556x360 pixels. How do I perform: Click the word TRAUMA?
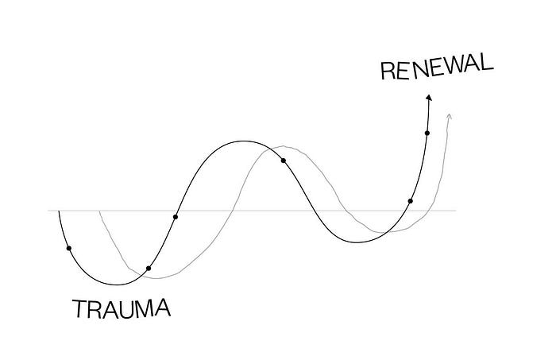click(x=121, y=308)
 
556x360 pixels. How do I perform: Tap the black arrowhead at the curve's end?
click(x=429, y=98)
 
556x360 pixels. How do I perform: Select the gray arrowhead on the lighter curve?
click(x=450, y=117)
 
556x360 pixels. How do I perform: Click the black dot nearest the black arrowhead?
click(x=427, y=133)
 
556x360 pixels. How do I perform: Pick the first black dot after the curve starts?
click(x=69, y=249)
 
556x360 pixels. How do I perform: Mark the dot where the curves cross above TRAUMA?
click(x=149, y=269)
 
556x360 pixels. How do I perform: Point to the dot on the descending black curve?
click(x=284, y=161)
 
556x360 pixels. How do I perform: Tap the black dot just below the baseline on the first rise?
click(x=176, y=216)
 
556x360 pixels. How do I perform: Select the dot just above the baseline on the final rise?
click(x=411, y=201)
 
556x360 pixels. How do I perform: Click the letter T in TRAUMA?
click(x=79, y=308)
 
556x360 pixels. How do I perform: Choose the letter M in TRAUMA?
click(x=141, y=308)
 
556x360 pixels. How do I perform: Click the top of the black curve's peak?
click(x=238, y=141)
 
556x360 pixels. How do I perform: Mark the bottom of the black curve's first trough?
click(x=118, y=285)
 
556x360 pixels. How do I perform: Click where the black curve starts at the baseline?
click(x=59, y=211)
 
